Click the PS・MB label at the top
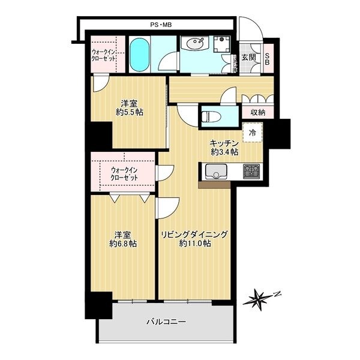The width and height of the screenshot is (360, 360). pos(161,25)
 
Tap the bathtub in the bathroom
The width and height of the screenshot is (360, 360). pos(139,55)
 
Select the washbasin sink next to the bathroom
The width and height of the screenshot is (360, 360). pos(194,43)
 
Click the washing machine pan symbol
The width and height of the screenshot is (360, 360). pos(222,44)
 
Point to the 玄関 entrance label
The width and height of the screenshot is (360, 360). pos(248,57)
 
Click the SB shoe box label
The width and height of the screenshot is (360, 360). pos(267,59)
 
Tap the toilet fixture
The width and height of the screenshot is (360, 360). pos(211,117)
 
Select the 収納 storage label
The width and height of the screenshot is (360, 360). pos(257,112)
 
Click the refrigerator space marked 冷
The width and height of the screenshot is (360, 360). pos(253,133)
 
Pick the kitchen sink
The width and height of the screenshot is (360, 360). pos(216,171)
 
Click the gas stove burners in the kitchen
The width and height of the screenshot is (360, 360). pos(251,171)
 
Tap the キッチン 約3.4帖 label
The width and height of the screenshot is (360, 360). pos(224,148)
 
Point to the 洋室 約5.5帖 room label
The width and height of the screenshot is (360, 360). pos(130,108)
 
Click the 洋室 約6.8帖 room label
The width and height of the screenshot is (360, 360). pos(123,239)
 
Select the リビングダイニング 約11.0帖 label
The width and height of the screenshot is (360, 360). pos(194,239)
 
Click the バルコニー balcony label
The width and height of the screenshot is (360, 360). pos(166,322)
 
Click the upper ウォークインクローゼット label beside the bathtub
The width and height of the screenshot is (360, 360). pos(103,55)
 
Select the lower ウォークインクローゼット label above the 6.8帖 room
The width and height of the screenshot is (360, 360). pos(124,174)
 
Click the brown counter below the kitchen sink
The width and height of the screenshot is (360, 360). pos(214,185)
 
